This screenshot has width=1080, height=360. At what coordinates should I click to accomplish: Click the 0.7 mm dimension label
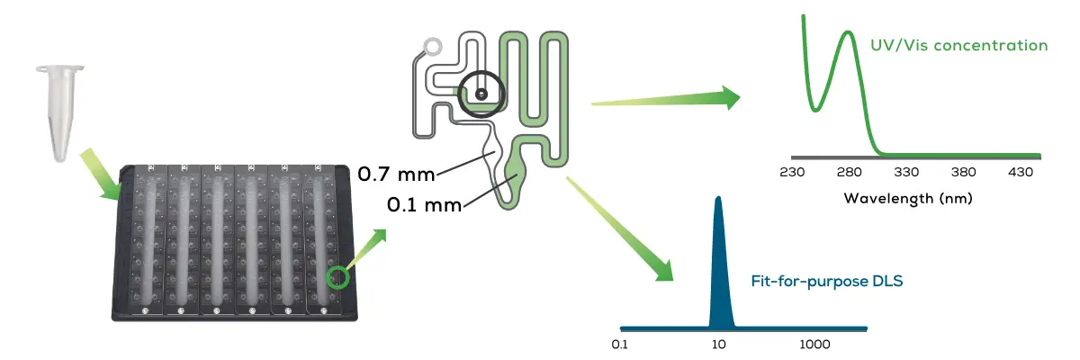(x=397, y=174)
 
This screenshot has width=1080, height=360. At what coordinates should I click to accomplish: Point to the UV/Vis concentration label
(x=958, y=45)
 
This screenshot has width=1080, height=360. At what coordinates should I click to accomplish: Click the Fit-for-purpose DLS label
(x=827, y=281)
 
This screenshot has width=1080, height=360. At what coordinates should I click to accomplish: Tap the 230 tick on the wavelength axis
(x=793, y=172)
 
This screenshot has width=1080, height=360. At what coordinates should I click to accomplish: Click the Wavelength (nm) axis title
(x=908, y=197)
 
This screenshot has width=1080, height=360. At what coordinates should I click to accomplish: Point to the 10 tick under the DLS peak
(x=718, y=345)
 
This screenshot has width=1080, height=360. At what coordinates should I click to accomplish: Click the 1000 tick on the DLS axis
(x=814, y=345)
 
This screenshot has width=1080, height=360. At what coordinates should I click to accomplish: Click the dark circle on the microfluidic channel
(x=481, y=94)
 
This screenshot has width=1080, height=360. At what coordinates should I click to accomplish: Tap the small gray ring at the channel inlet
(x=434, y=45)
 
